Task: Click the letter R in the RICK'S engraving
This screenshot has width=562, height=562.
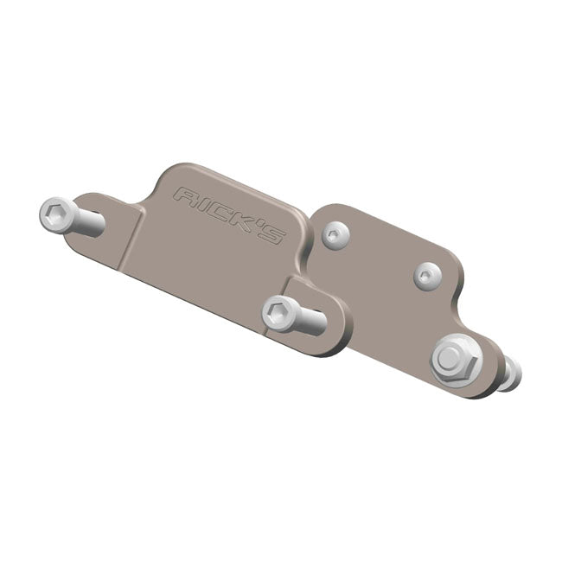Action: (x=183, y=196)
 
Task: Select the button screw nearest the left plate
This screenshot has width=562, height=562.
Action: (x=335, y=233)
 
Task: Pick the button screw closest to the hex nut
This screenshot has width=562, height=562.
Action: (x=428, y=275)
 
